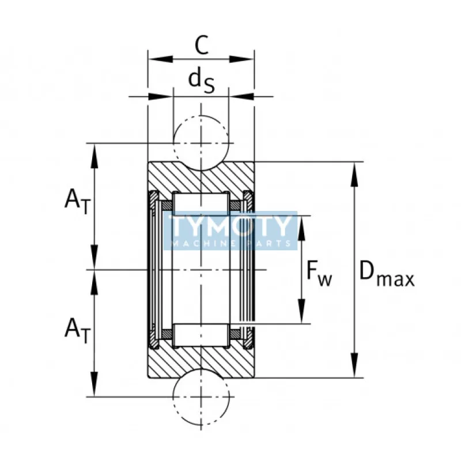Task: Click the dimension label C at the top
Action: [201, 45]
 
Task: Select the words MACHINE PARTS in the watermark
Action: [231, 244]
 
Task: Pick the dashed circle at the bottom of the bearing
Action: [201, 396]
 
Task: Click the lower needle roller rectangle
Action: [201, 335]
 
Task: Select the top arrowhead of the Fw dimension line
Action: [301, 222]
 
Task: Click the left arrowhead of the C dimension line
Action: [154, 59]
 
